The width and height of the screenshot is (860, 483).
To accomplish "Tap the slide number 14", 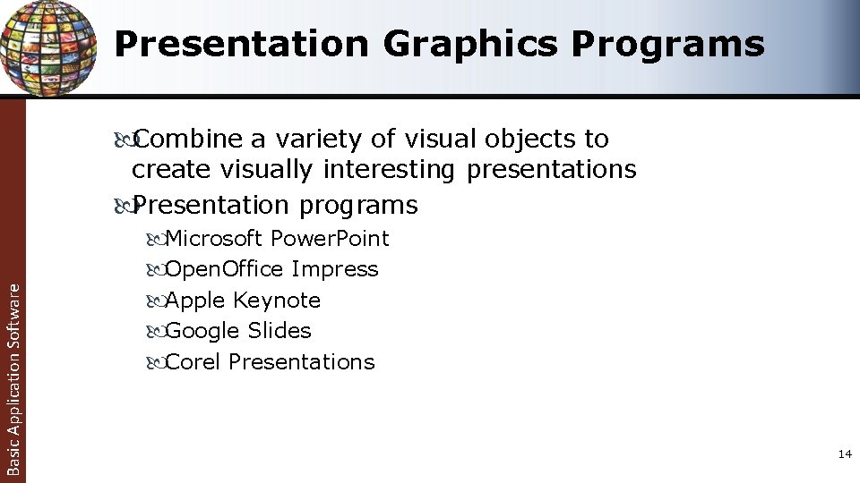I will [x=844, y=455].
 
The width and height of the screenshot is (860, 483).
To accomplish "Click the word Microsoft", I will [x=215, y=239].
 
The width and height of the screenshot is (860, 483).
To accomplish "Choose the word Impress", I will [x=335, y=269].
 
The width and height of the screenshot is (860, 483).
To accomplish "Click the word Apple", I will [x=196, y=301].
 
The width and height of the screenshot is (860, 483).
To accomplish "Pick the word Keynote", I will [x=277, y=301].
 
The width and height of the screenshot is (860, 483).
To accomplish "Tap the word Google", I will [x=202, y=331].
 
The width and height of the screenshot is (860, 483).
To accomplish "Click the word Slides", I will [x=279, y=331].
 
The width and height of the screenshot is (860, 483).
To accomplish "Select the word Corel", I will [x=193, y=362].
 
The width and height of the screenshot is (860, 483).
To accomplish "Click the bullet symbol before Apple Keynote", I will [x=153, y=301].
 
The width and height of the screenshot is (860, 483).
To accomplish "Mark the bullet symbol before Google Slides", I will [x=153, y=332].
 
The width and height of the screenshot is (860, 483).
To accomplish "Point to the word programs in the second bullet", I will [x=358, y=206].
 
